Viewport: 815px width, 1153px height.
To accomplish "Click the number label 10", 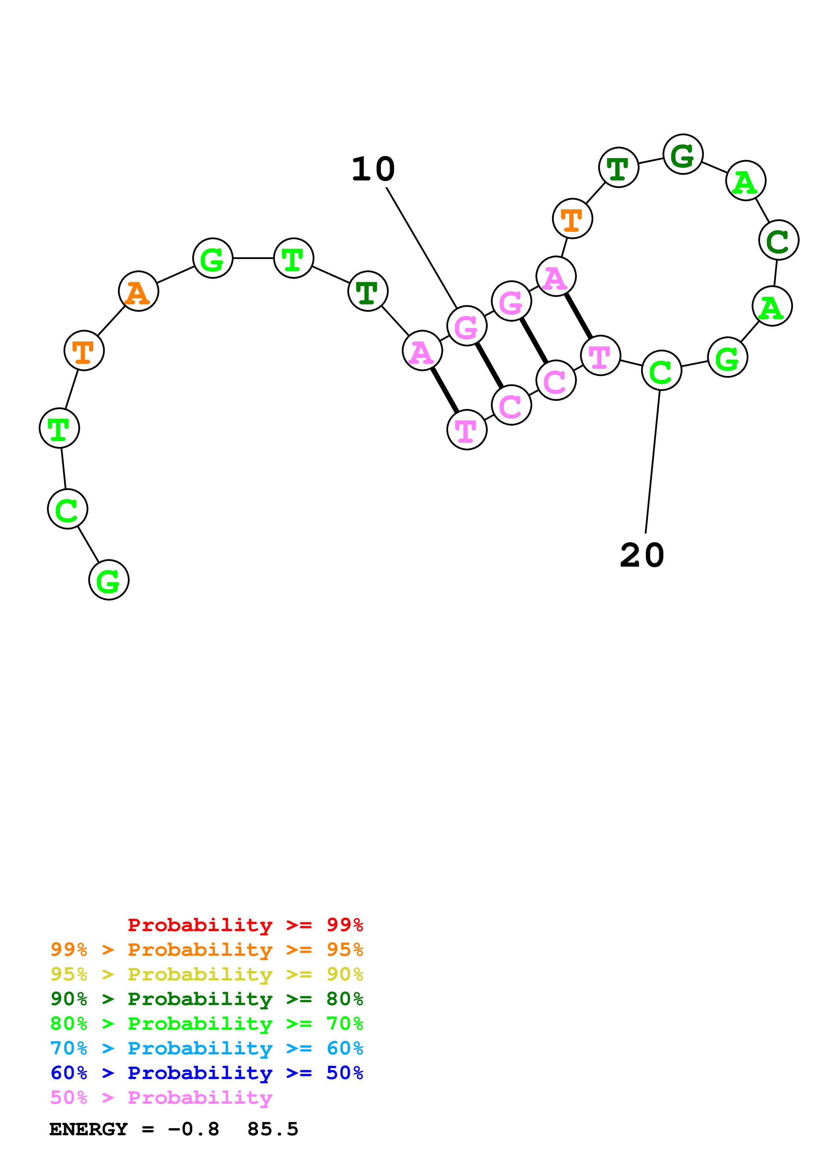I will (373, 169).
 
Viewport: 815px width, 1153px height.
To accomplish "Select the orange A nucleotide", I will (138, 291).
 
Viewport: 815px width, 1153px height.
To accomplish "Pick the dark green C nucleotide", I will (778, 240).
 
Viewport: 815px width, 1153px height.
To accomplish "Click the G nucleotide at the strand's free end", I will (108, 580).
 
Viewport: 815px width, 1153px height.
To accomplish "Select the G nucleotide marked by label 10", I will (467, 326).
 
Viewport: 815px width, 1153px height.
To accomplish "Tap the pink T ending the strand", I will (467, 430).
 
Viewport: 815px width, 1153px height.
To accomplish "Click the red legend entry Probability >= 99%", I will (245, 925).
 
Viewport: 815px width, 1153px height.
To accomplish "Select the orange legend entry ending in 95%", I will (206, 950).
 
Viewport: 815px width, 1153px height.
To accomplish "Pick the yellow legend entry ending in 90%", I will (206, 974).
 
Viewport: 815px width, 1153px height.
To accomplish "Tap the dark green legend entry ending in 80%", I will (206, 999).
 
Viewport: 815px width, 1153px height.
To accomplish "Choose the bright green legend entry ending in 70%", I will (206, 1024).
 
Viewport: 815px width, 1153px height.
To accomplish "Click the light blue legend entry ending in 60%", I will (206, 1048).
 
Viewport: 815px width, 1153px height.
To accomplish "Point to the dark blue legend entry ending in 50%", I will (206, 1073).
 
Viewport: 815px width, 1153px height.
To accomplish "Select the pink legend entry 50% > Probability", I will (161, 1097).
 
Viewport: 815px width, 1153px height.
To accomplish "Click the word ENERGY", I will (88, 1129).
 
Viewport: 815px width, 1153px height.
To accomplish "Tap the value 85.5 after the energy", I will (273, 1129).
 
